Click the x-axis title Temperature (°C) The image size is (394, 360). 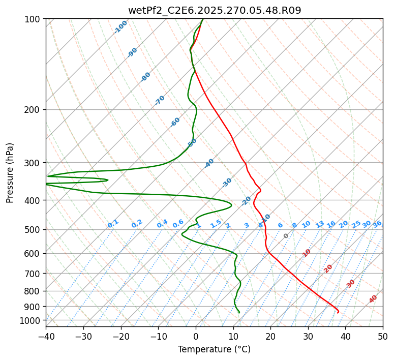point(214,349)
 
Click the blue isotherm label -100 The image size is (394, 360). point(120,27)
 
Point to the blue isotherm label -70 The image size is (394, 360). point(160,100)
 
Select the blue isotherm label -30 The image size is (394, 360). point(227,183)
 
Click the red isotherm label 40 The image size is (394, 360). point(373,299)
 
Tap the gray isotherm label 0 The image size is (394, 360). point(286,236)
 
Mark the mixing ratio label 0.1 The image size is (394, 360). point(113,224)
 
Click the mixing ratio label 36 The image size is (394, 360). point(377,224)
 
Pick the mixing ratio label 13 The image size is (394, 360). point(320,224)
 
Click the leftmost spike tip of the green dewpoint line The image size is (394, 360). point(46,184)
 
